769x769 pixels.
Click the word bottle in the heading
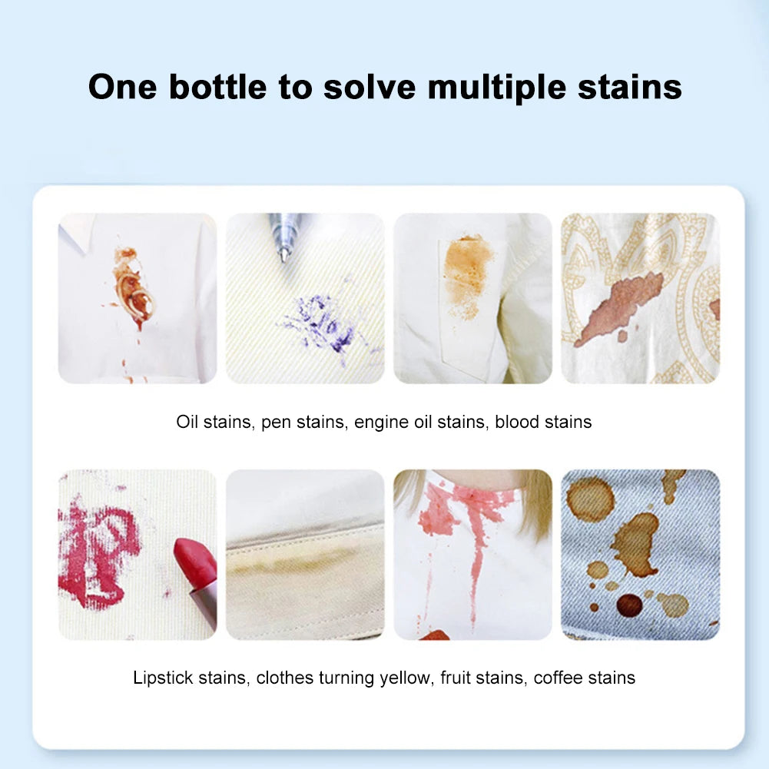pyautogui.click(x=217, y=86)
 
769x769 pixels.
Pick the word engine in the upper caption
pyautogui.click(x=379, y=422)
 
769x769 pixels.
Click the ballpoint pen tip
pyautogui.click(x=284, y=253)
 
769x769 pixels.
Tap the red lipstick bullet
pyautogui.click(x=195, y=561)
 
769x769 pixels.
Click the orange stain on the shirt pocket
pyautogui.click(x=466, y=269)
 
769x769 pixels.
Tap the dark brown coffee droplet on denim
pyautogui.click(x=629, y=605)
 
